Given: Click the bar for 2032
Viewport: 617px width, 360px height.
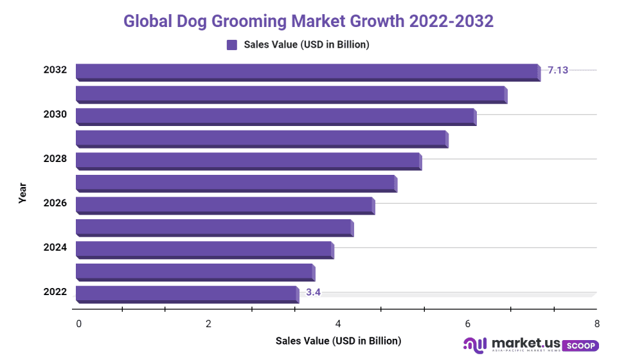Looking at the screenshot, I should [x=307, y=71].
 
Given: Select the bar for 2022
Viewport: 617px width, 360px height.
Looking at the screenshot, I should [x=186, y=294].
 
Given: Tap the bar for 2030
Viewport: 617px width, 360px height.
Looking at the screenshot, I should [x=275, y=116].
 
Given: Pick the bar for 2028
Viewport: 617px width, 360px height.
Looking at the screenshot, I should [x=248, y=161].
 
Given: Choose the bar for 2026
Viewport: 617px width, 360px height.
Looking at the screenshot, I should [x=224, y=205].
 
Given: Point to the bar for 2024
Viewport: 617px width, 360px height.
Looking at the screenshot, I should [x=204, y=249].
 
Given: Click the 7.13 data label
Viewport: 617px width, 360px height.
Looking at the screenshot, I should [x=558, y=70].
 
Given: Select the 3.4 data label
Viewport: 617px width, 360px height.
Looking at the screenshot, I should [x=313, y=292].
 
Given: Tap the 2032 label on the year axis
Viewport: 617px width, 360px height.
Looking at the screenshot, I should [x=55, y=69].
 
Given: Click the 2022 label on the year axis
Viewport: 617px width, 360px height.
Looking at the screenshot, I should [x=55, y=292].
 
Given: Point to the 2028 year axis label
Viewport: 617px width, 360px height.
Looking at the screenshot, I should [x=55, y=158].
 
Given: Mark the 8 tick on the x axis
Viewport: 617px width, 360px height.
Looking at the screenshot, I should [x=597, y=324].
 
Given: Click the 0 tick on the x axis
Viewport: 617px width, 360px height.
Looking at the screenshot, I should [x=78, y=324].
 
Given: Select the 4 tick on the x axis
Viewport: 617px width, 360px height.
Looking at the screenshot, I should [x=338, y=324].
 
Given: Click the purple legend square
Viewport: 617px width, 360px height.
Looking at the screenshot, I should [x=232, y=44].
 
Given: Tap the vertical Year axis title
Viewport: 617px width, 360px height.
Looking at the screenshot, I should [x=22, y=194].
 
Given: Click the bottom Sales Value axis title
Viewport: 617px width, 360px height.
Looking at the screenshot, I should [x=338, y=341].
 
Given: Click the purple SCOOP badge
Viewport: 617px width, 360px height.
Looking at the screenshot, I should [x=580, y=346].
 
